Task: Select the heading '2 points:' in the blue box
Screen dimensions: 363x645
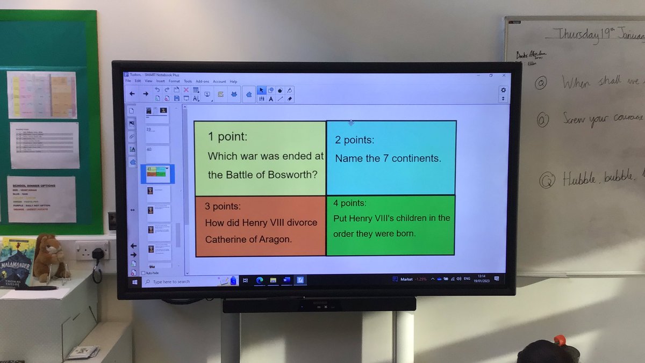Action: [x=354, y=141]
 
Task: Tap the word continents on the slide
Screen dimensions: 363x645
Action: [x=418, y=159]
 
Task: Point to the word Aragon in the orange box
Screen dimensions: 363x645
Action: [x=273, y=239]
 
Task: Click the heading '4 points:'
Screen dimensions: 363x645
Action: [x=350, y=204]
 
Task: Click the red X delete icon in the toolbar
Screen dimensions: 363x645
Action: [x=186, y=90]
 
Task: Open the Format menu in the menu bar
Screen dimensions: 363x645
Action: [x=174, y=81]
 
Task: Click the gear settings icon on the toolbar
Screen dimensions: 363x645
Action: [x=503, y=90]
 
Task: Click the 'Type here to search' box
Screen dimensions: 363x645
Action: [x=177, y=281]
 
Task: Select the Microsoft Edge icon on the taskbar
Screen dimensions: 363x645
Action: [x=260, y=280]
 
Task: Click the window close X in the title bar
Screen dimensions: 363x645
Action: [x=504, y=75]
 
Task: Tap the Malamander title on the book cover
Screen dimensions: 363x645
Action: [x=16, y=264]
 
